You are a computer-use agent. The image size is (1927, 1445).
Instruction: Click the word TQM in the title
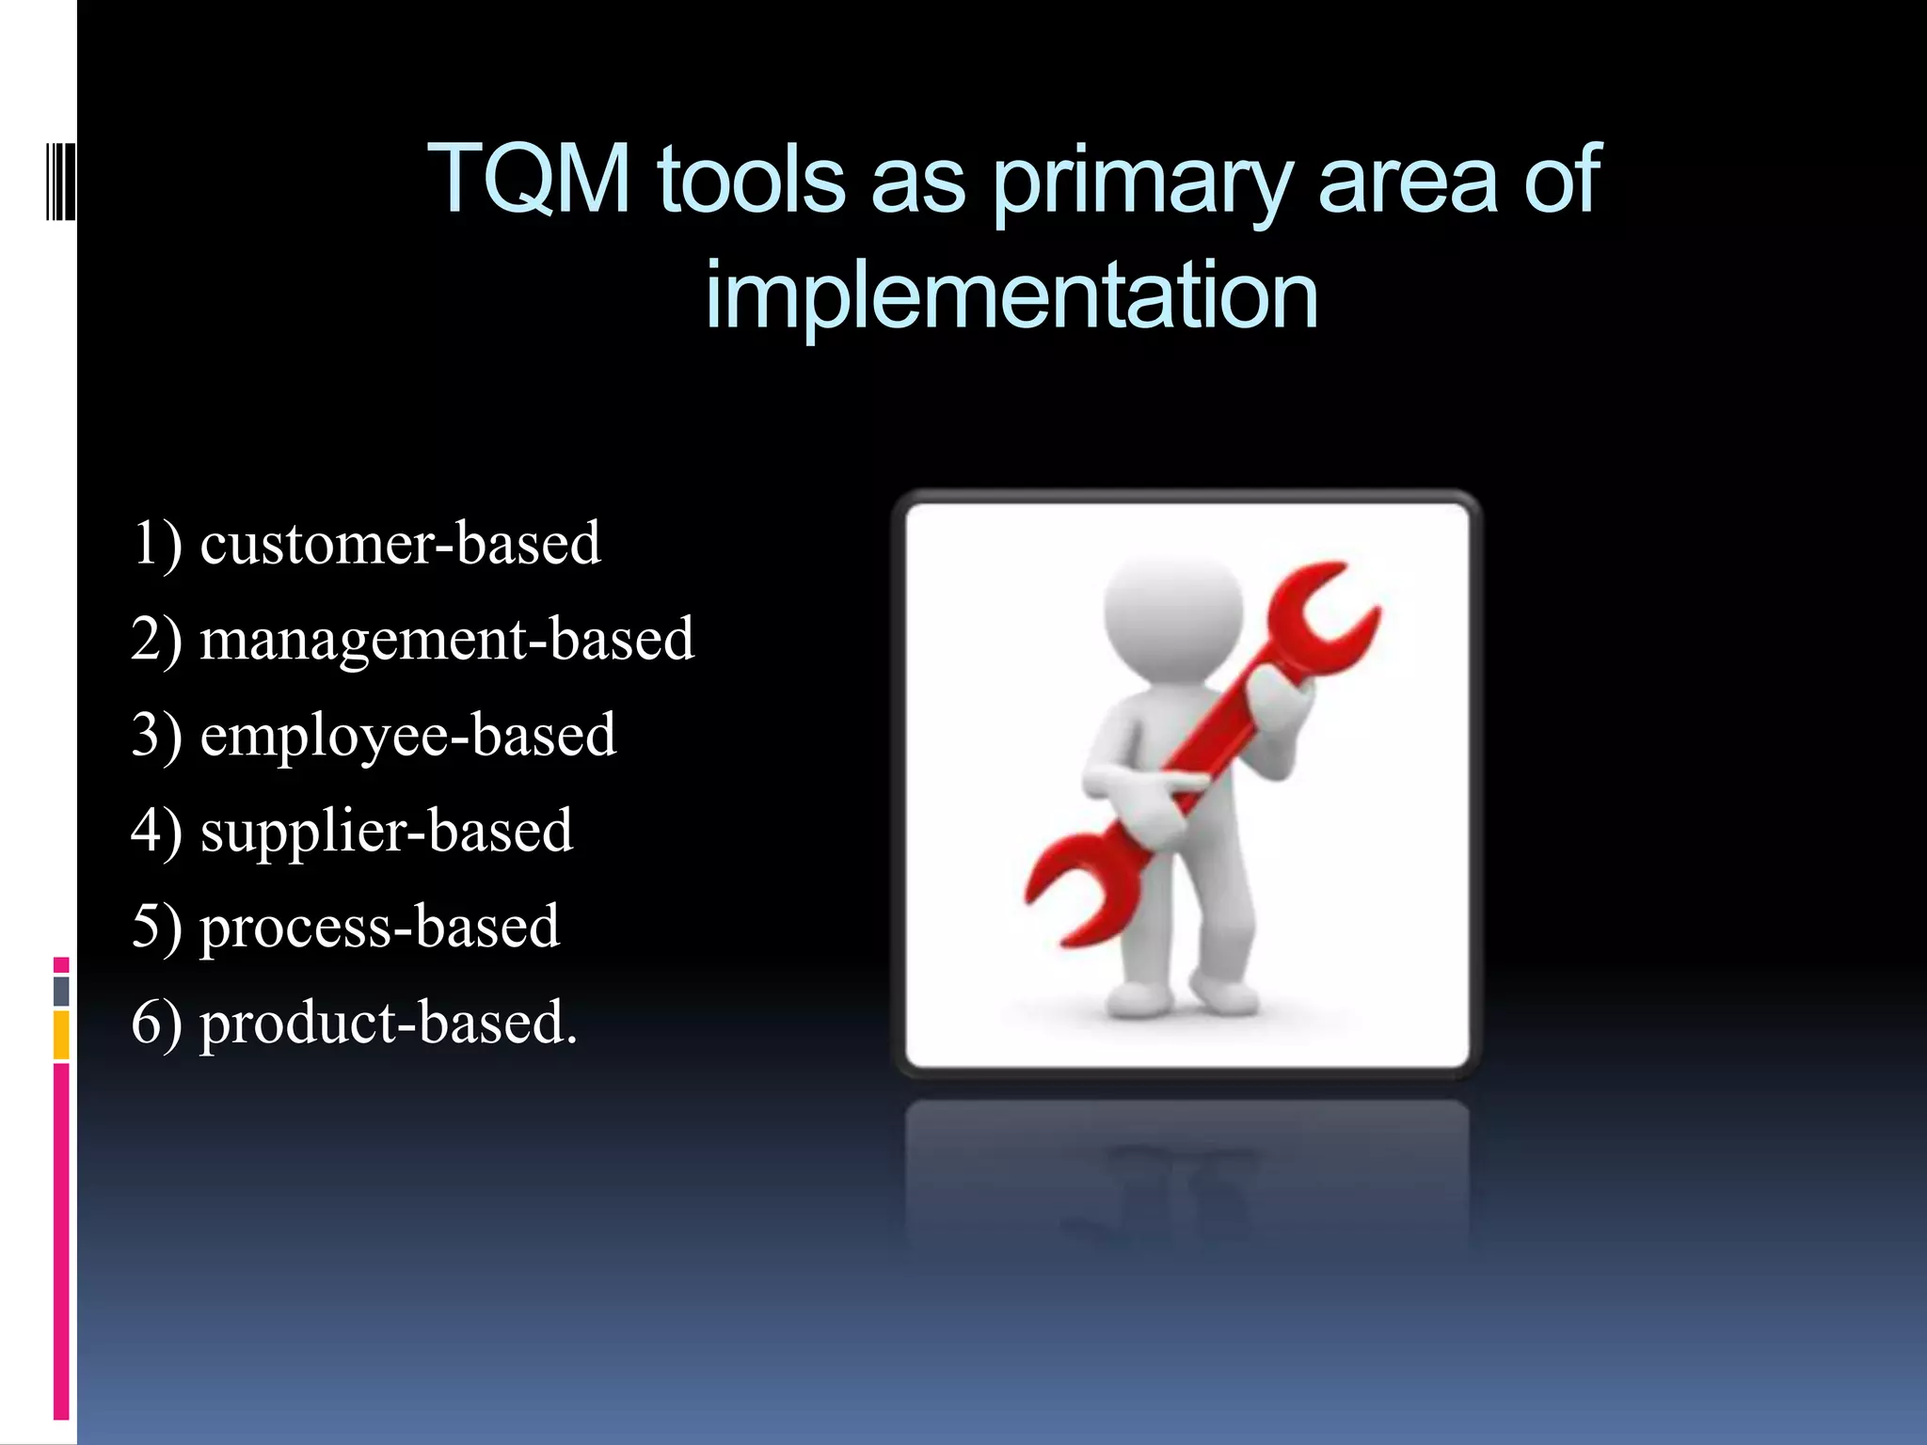tap(529, 179)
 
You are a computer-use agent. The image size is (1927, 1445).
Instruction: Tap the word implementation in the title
tap(1011, 294)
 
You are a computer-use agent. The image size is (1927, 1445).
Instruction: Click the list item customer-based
tap(399, 544)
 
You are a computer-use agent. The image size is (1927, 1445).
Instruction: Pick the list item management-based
tap(446, 640)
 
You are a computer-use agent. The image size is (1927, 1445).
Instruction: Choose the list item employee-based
tap(407, 736)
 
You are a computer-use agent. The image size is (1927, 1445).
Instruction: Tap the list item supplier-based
tap(386, 832)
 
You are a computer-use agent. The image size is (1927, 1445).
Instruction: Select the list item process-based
tap(379, 927)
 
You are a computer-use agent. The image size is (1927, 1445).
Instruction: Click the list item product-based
tap(388, 1023)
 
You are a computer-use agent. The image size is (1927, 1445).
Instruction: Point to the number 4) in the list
tap(156, 832)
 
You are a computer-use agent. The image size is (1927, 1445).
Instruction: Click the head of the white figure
tap(1172, 616)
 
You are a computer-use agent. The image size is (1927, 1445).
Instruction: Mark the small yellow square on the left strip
tap(61, 1035)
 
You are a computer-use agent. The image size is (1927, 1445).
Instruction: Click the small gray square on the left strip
tap(61, 991)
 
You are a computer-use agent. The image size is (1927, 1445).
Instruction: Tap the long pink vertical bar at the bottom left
tap(61, 1242)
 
